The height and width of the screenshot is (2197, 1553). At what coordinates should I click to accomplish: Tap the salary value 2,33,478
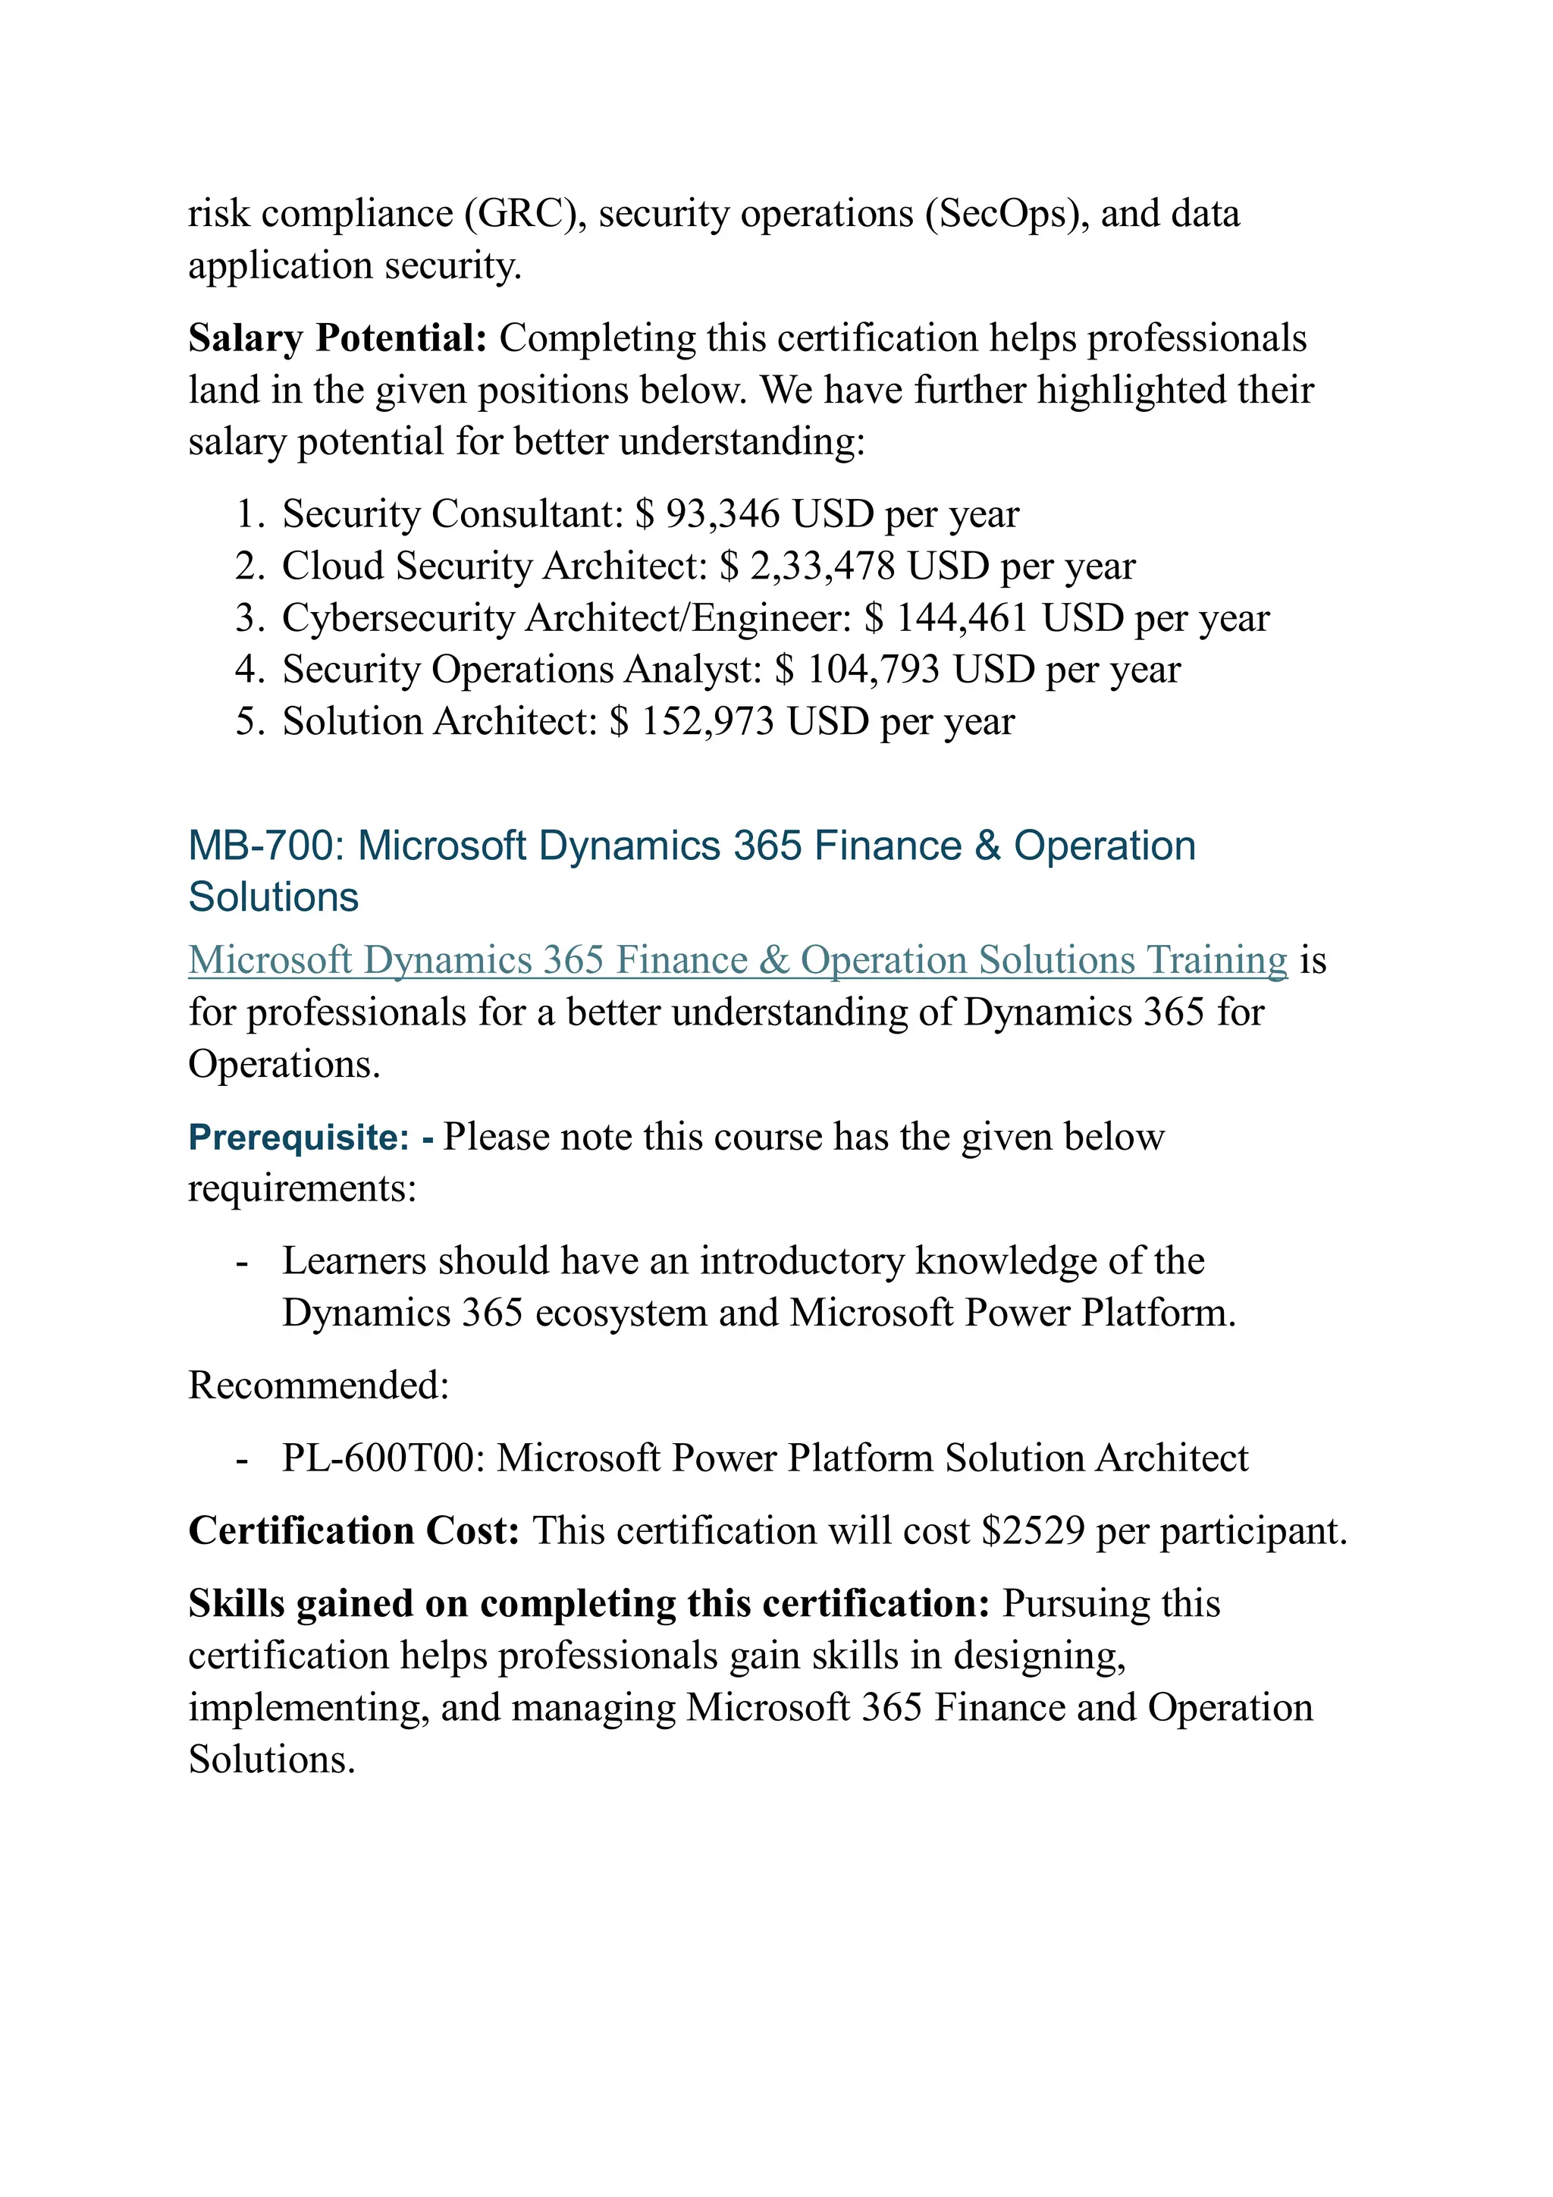coord(822,567)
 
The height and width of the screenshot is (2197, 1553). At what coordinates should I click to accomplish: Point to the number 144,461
coord(962,618)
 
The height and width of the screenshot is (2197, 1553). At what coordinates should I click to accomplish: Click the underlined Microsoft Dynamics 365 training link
coord(737,960)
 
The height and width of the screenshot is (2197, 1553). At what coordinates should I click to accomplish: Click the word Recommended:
coord(318,1386)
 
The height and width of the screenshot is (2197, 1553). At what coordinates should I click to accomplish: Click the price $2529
coord(1034,1531)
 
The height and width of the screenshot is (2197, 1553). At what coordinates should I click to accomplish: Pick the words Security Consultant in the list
coord(453,515)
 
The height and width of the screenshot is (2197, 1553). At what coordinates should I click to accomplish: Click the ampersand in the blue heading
coord(987,846)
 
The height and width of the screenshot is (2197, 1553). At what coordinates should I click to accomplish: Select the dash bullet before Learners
coord(242,1262)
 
